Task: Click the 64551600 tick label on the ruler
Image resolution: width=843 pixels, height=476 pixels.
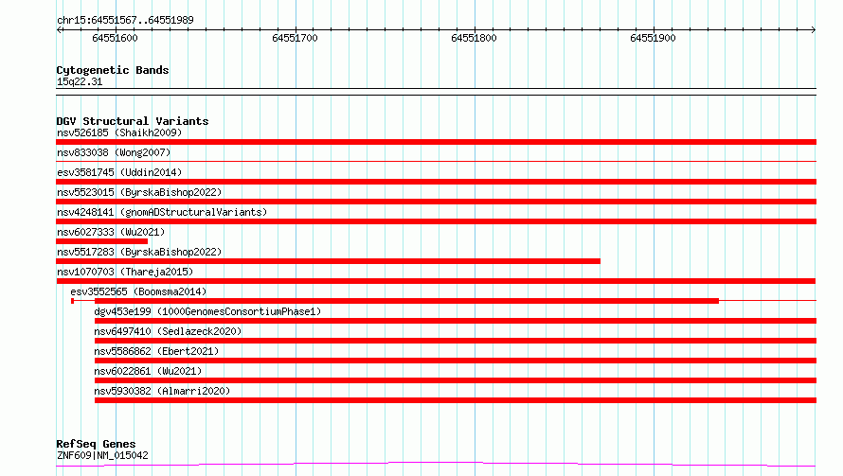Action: coord(115,38)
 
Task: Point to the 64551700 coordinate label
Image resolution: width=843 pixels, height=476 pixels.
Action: coord(295,38)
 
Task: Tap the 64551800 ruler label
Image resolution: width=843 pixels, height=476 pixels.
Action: coord(474,38)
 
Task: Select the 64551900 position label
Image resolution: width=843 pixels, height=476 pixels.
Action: coord(653,38)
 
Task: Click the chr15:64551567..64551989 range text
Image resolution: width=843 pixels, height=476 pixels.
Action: coord(125,20)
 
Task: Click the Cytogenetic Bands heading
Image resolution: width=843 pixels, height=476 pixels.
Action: coord(113,70)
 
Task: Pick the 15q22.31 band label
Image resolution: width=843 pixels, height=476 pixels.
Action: coord(80,81)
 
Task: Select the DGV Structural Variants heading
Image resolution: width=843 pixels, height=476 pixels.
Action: coord(133,121)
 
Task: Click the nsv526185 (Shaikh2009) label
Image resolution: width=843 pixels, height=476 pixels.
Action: coord(119,132)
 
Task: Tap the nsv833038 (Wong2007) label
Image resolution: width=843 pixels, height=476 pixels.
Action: coord(114,152)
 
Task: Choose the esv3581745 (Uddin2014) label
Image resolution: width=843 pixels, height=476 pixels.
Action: coord(119,172)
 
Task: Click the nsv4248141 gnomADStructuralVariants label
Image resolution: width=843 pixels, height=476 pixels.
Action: coord(162,212)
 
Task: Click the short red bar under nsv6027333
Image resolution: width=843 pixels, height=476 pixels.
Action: coord(101,241)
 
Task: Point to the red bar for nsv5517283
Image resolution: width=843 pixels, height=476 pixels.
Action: coord(328,261)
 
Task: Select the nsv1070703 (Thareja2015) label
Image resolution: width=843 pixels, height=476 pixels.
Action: coord(125,272)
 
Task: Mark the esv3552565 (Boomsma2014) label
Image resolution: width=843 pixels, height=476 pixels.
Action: coord(138,291)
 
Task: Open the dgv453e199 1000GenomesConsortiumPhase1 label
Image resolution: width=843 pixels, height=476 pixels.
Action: coord(207,311)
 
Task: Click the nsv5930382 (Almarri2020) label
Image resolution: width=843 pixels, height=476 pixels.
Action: coord(162,391)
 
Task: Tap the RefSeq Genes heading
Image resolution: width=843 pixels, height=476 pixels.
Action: coord(96,444)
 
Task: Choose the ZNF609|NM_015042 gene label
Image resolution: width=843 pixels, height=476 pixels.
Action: coord(102,455)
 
